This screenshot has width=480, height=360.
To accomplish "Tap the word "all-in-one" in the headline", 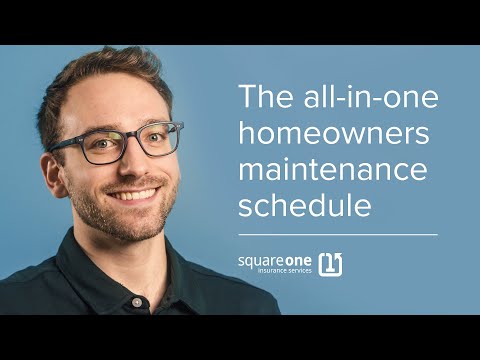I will tap(356, 99).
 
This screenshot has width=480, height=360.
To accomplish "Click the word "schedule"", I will tap(305, 206).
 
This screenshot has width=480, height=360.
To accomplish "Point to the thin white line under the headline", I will tap(337, 235).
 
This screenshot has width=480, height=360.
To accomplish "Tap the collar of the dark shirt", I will tap(160, 268).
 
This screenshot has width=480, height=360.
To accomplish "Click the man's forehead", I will tap(120, 107).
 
